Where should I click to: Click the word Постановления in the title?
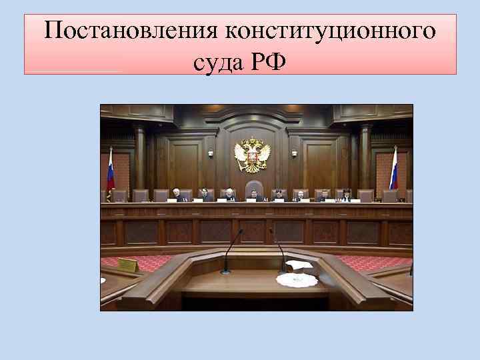132,31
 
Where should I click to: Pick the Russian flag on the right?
393,170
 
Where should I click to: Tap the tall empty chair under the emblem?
253,189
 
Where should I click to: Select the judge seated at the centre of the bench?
253,195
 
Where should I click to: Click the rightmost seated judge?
346,195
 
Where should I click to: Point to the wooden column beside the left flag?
140,160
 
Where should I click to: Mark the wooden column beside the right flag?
365,160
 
